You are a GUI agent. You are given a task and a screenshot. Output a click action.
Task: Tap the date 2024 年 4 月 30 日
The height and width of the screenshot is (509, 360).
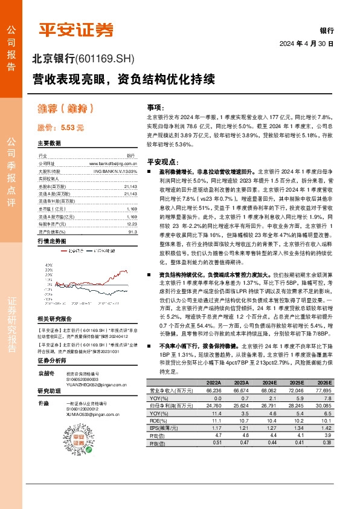(x=306, y=44)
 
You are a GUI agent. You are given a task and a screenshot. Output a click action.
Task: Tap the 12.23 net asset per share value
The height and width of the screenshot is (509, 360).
(x=131, y=224)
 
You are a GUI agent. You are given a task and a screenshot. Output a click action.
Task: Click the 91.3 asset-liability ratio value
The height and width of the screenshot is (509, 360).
(x=132, y=231)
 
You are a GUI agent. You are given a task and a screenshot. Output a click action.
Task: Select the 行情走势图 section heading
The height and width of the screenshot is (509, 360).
(x=51, y=241)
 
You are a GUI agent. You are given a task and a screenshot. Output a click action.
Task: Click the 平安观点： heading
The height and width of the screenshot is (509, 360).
(x=164, y=162)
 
